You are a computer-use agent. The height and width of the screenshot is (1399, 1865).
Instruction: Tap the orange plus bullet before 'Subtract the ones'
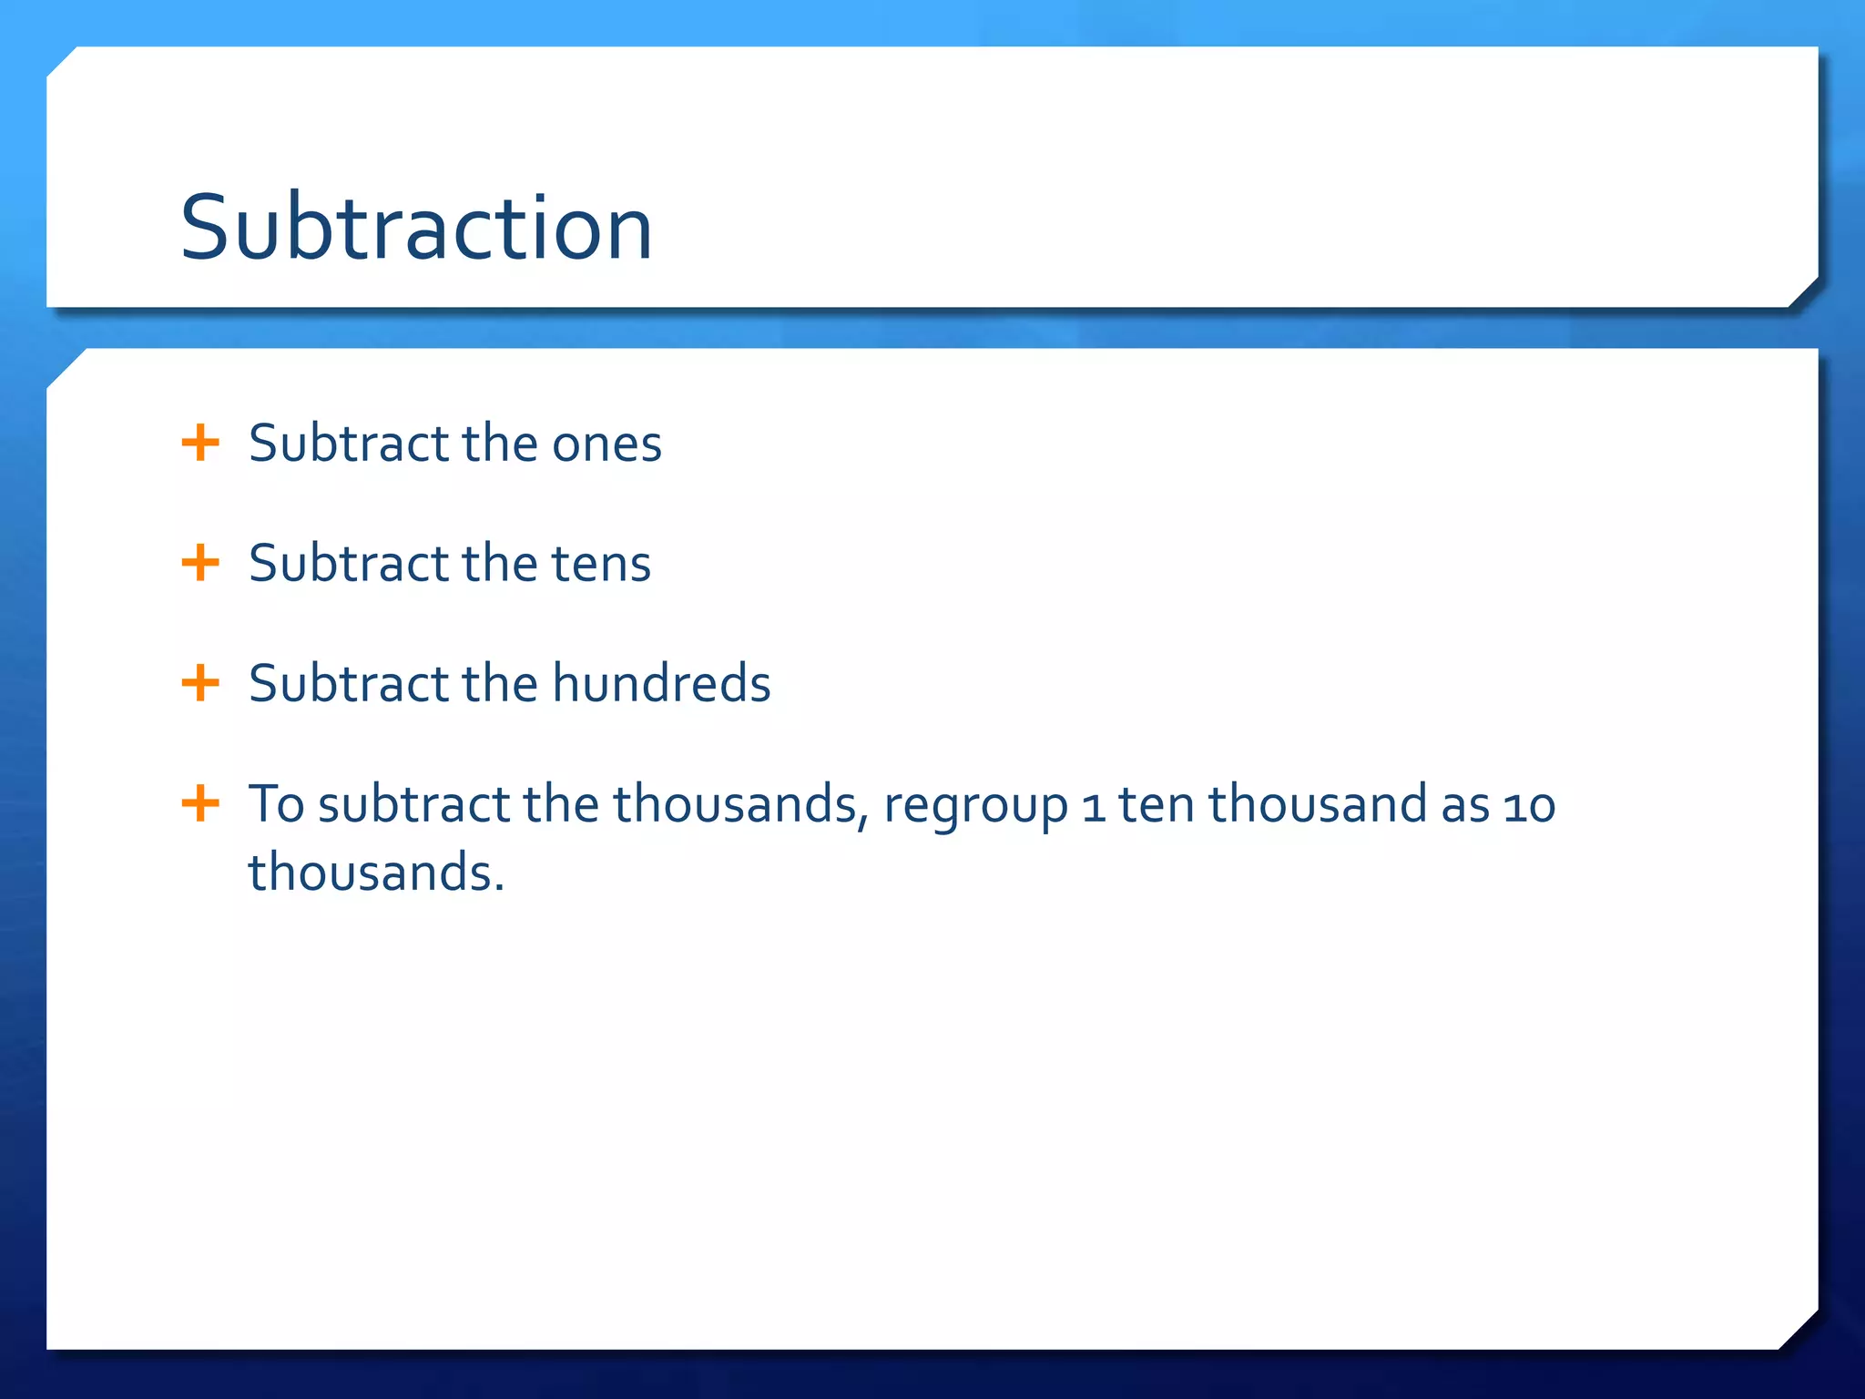(200, 444)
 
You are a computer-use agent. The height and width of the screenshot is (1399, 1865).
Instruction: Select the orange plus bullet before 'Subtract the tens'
(200, 563)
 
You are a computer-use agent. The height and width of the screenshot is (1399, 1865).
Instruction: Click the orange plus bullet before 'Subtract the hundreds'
(200, 683)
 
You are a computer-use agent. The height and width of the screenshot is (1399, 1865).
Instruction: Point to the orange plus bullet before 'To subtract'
(200, 804)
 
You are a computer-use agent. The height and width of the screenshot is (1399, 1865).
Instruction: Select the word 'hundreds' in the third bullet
(661, 684)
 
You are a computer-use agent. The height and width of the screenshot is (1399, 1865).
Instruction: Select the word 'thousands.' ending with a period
(376, 873)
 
